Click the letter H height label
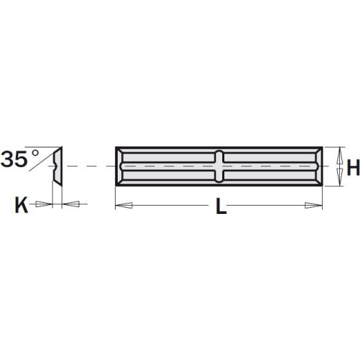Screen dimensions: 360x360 pyautogui.click(x=352, y=167)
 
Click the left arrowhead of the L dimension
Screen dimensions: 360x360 pyautogui.click(x=120, y=204)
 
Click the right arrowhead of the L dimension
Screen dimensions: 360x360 pyautogui.click(x=318, y=204)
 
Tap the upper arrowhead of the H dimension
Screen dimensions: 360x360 pyautogui.click(x=339, y=152)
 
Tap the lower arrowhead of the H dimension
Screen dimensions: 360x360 pyautogui.click(x=339, y=181)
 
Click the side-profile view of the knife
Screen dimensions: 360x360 pyautogui.click(x=57, y=166)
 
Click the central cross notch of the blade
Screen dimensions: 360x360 pyautogui.click(x=219, y=166)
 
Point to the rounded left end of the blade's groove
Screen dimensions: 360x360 pyautogui.click(x=123, y=166)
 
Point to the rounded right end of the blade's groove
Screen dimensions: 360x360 pyautogui.click(x=316, y=166)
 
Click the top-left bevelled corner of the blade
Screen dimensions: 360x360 pyautogui.click(x=118, y=150)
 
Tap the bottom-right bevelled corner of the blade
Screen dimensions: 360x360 pyautogui.click(x=321, y=182)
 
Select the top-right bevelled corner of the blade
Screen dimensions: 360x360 pyautogui.click(x=321, y=150)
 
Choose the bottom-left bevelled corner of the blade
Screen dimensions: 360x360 pyautogui.click(x=118, y=182)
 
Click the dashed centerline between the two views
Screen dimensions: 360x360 pyautogui.click(x=90, y=166)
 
